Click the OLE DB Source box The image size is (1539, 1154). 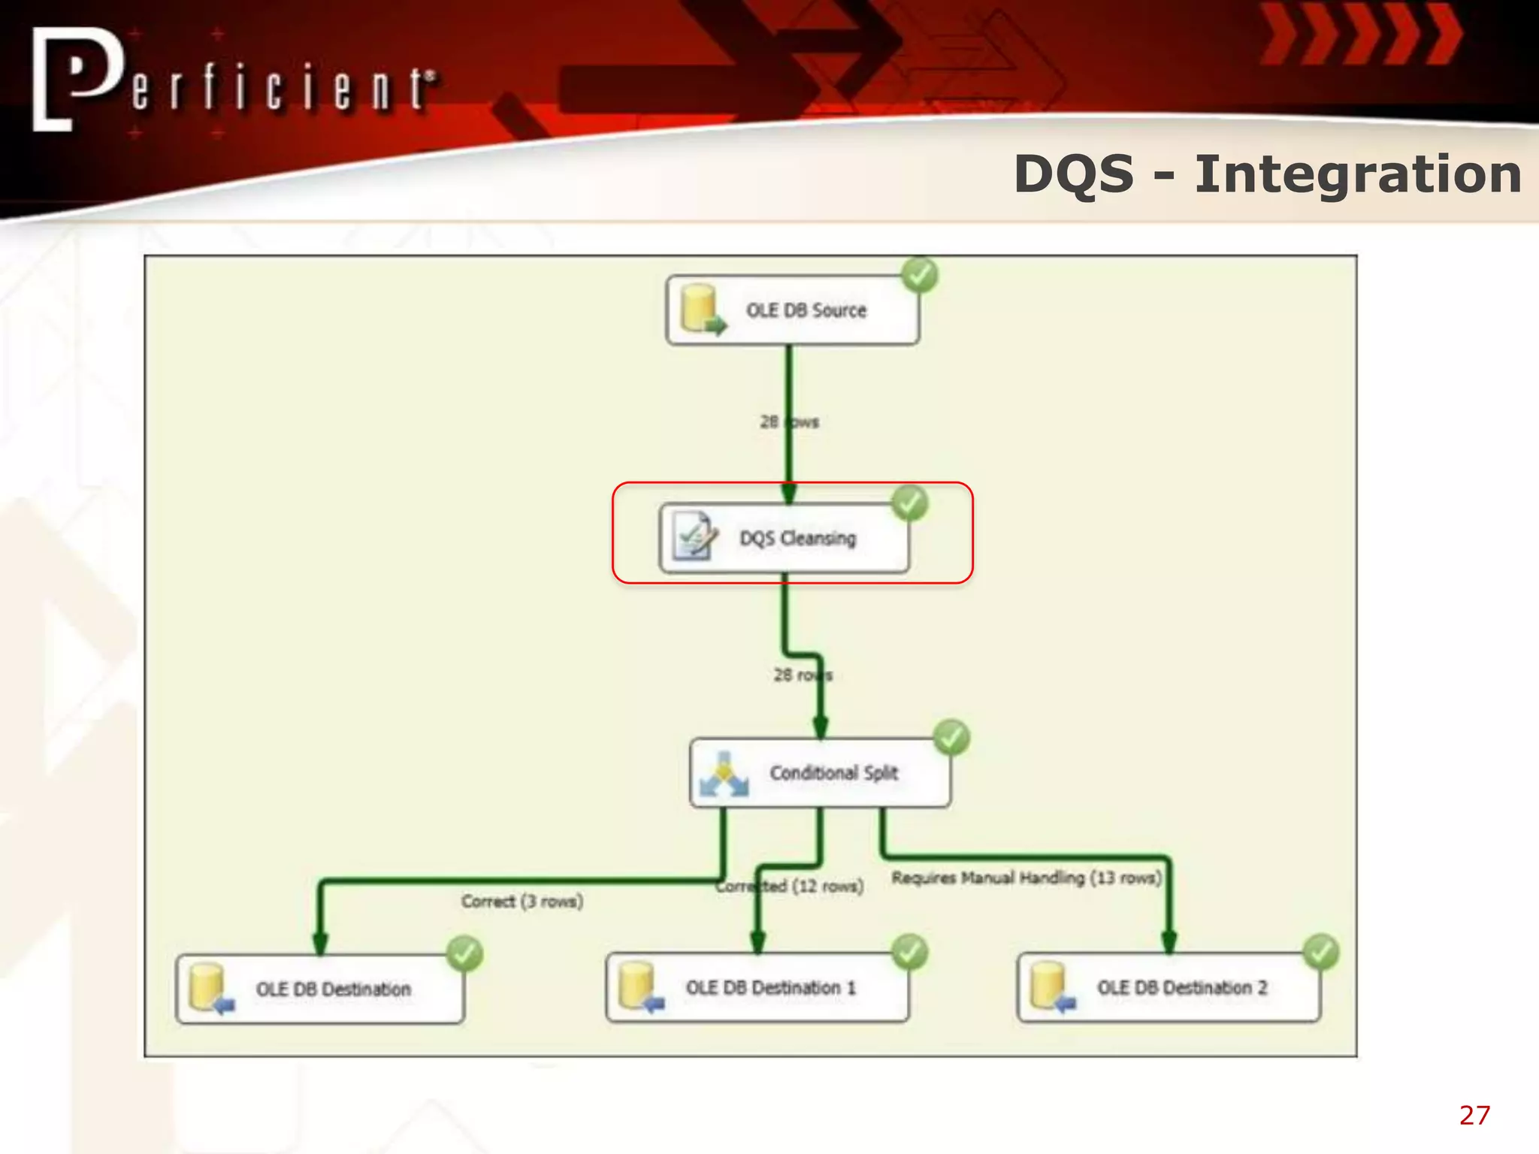[793, 310]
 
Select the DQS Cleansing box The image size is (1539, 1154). [785, 538]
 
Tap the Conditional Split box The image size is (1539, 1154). [820, 773]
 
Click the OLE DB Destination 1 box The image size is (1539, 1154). [757, 988]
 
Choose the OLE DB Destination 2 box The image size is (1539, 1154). [1169, 988]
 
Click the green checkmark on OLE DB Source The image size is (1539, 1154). [920, 275]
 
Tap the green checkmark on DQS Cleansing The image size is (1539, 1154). [910, 503]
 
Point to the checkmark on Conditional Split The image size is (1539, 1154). [951, 738]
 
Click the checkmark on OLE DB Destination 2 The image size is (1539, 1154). [1321, 953]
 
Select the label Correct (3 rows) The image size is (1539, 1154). [522, 901]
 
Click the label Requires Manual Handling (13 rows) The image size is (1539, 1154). [1027, 878]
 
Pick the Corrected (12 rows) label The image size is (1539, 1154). [789, 887]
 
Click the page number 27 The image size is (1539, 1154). [1474, 1115]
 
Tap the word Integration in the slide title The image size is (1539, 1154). [1358, 174]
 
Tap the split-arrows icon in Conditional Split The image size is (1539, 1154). [723, 774]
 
